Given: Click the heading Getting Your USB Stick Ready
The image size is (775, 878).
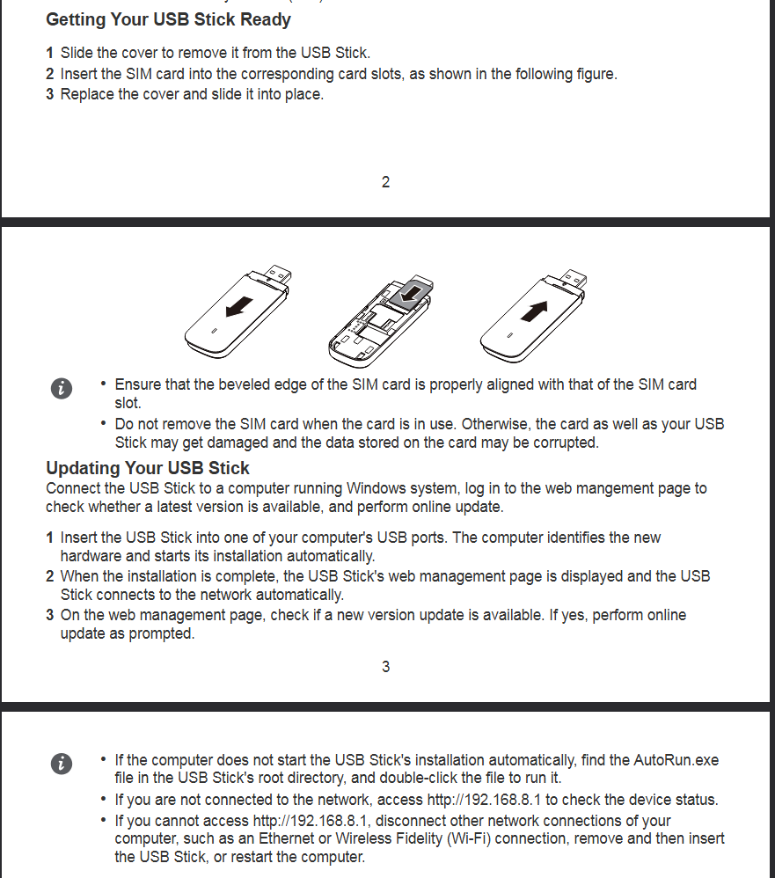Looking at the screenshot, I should (168, 19).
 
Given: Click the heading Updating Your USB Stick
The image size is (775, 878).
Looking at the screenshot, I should (148, 468).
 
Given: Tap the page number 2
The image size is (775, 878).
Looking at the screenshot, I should (385, 182).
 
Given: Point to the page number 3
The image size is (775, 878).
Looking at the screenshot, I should (385, 667).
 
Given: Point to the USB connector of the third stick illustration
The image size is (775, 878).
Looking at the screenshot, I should (573, 274).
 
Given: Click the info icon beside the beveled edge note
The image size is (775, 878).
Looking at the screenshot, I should (61, 389).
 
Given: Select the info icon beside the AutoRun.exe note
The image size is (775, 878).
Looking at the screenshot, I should (61, 763).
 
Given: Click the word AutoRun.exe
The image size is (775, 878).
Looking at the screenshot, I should (676, 759).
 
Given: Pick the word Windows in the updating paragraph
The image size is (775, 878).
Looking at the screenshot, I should (373, 488).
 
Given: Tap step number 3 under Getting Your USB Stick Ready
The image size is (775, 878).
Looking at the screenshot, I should (50, 94).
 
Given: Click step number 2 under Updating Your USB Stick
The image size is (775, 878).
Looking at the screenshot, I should (50, 576).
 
